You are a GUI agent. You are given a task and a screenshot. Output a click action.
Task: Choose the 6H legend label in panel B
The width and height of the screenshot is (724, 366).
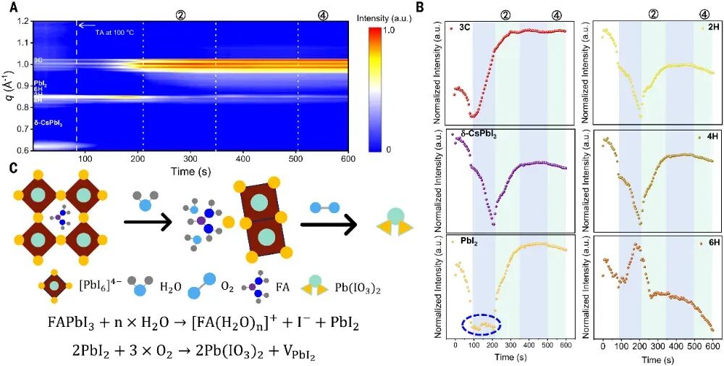(x=702, y=241)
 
